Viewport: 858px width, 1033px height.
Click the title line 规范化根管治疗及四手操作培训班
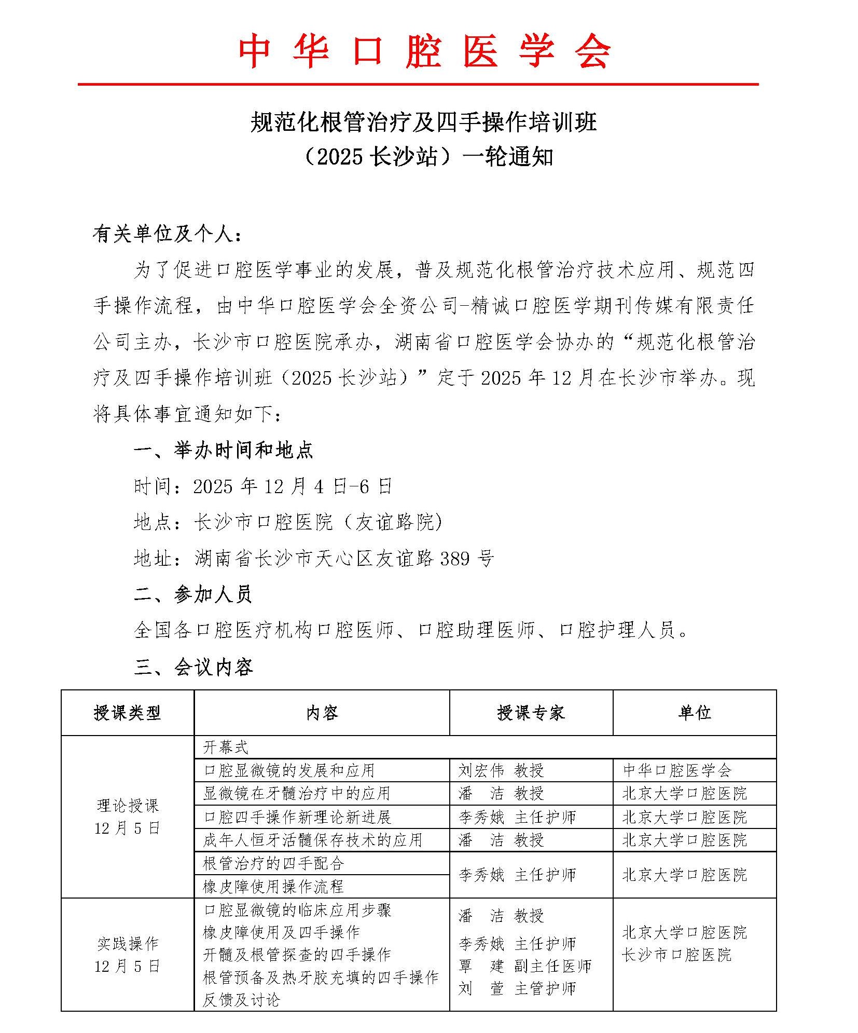point(424,123)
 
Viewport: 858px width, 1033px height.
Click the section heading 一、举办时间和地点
point(224,450)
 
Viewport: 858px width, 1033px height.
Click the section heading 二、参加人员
point(192,594)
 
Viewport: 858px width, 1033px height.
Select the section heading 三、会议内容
point(193,667)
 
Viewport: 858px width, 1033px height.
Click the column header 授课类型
point(127,713)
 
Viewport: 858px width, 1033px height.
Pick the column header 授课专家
point(530,713)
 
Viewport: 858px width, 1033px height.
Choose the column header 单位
point(694,713)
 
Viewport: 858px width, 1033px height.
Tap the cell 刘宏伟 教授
point(501,770)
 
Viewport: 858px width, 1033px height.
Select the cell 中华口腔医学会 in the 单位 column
point(677,770)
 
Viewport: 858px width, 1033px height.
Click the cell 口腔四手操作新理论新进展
point(297,817)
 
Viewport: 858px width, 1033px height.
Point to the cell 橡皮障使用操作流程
point(273,886)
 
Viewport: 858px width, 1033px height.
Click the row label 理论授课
point(128,806)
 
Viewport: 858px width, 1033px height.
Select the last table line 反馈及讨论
point(241,999)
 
